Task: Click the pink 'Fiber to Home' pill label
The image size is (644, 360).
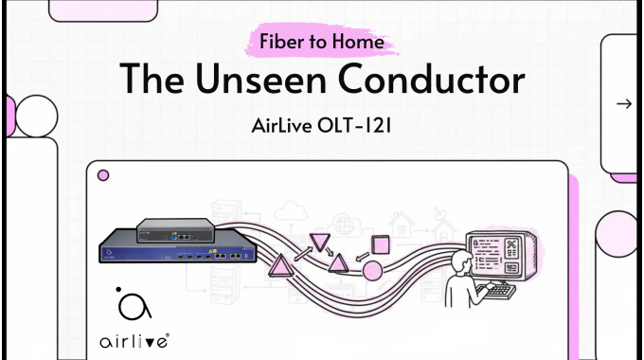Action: click(x=322, y=42)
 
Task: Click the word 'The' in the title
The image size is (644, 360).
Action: click(x=151, y=81)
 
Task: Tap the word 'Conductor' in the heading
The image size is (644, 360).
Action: click(x=441, y=81)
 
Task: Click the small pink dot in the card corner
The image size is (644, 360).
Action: click(x=103, y=175)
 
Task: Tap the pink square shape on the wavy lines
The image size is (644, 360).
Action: click(x=381, y=243)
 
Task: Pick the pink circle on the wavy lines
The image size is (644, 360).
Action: click(x=372, y=271)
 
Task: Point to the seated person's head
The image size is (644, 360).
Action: click(x=461, y=261)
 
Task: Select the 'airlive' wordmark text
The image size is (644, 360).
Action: click(x=133, y=338)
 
